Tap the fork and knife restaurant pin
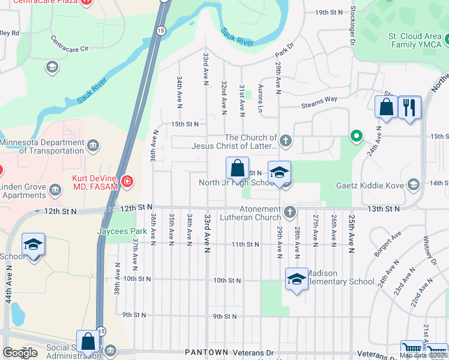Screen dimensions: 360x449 (410, 107)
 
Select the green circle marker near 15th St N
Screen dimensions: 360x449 (356, 136)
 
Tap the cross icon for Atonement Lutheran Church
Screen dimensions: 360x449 (290, 211)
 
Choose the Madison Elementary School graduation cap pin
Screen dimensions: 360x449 (297, 279)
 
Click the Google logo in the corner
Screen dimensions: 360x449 (20, 353)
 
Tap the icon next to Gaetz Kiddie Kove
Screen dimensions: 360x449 (413, 184)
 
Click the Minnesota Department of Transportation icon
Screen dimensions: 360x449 (93, 145)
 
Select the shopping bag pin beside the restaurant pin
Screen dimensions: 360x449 (386, 107)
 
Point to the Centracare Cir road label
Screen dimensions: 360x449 (70, 43)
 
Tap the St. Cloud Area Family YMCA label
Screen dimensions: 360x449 (416, 40)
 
